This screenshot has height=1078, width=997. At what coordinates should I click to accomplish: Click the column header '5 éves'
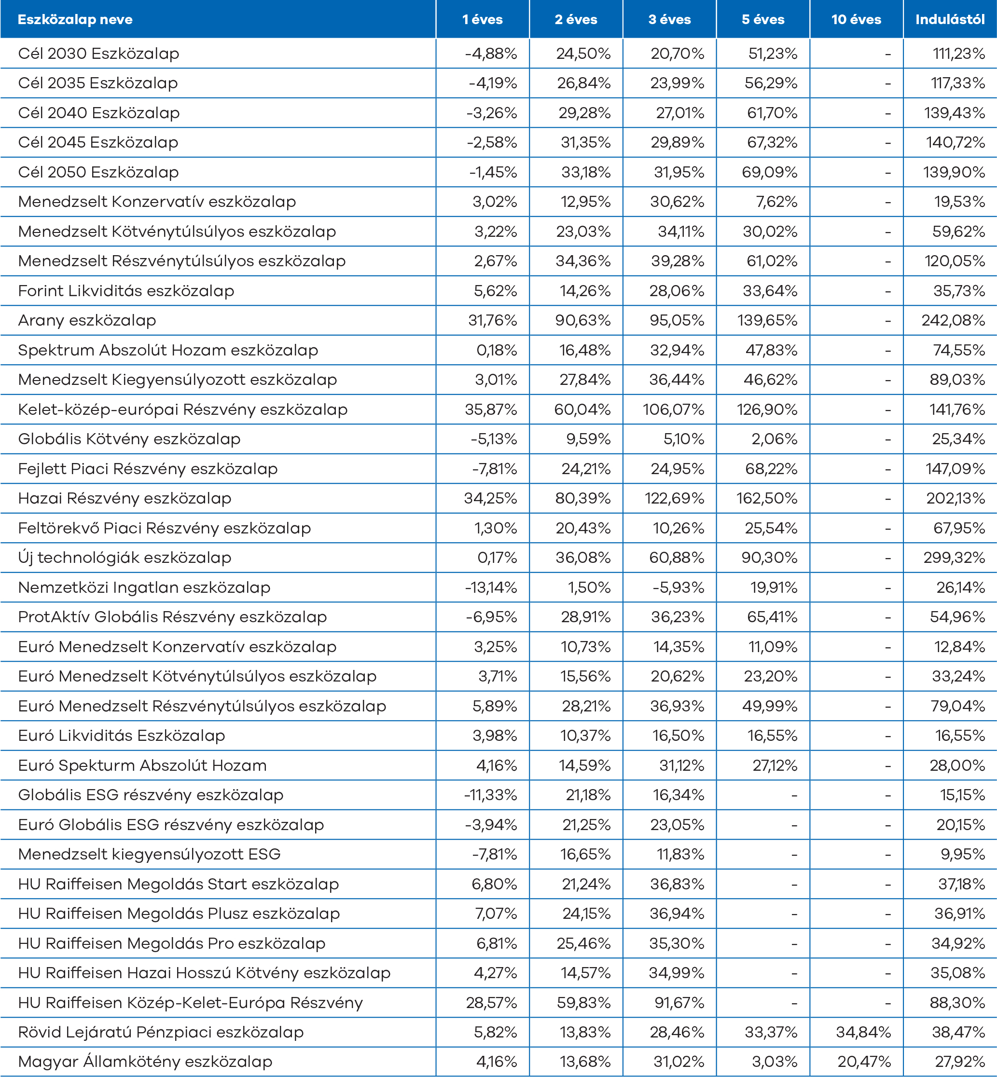(x=763, y=20)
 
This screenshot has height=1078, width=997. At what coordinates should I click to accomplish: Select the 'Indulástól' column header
(x=950, y=20)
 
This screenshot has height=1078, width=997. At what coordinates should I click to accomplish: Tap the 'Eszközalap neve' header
(x=75, y=20)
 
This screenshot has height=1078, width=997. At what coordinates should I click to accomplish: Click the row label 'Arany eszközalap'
(x=87, y=320)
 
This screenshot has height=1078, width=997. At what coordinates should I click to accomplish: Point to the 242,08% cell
(x=953, y=320)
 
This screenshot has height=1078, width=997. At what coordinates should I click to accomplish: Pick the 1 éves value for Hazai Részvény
(x=490, y=498)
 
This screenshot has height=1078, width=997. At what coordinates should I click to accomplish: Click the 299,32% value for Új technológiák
(x=954, y=558)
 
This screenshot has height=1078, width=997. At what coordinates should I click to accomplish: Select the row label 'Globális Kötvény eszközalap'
(x=129, y=439)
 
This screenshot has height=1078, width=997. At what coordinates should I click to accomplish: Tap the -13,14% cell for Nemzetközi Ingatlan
(x=490, y=587)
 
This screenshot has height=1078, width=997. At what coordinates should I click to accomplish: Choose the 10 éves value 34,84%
(x=863, y=1032)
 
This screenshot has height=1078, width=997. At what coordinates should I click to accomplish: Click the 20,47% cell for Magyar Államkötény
(x=864, y=1062)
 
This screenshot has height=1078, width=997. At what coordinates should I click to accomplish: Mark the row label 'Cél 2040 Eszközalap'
(x=99, y=113)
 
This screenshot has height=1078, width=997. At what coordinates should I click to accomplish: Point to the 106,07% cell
(x=673, y=409)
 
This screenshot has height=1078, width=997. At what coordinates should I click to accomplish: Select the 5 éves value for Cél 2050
(x=769, y=172)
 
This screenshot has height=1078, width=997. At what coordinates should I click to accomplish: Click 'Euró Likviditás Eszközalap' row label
(x=122, y=736)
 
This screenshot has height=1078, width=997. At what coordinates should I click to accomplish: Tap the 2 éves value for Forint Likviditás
(x=585, y=291)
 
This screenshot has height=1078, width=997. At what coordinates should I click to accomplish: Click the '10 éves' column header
(x=856, y=20)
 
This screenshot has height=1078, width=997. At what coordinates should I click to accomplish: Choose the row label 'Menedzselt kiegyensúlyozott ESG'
(x=149, y=854)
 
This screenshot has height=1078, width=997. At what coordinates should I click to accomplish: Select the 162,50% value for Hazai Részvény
(x=767, y=498)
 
